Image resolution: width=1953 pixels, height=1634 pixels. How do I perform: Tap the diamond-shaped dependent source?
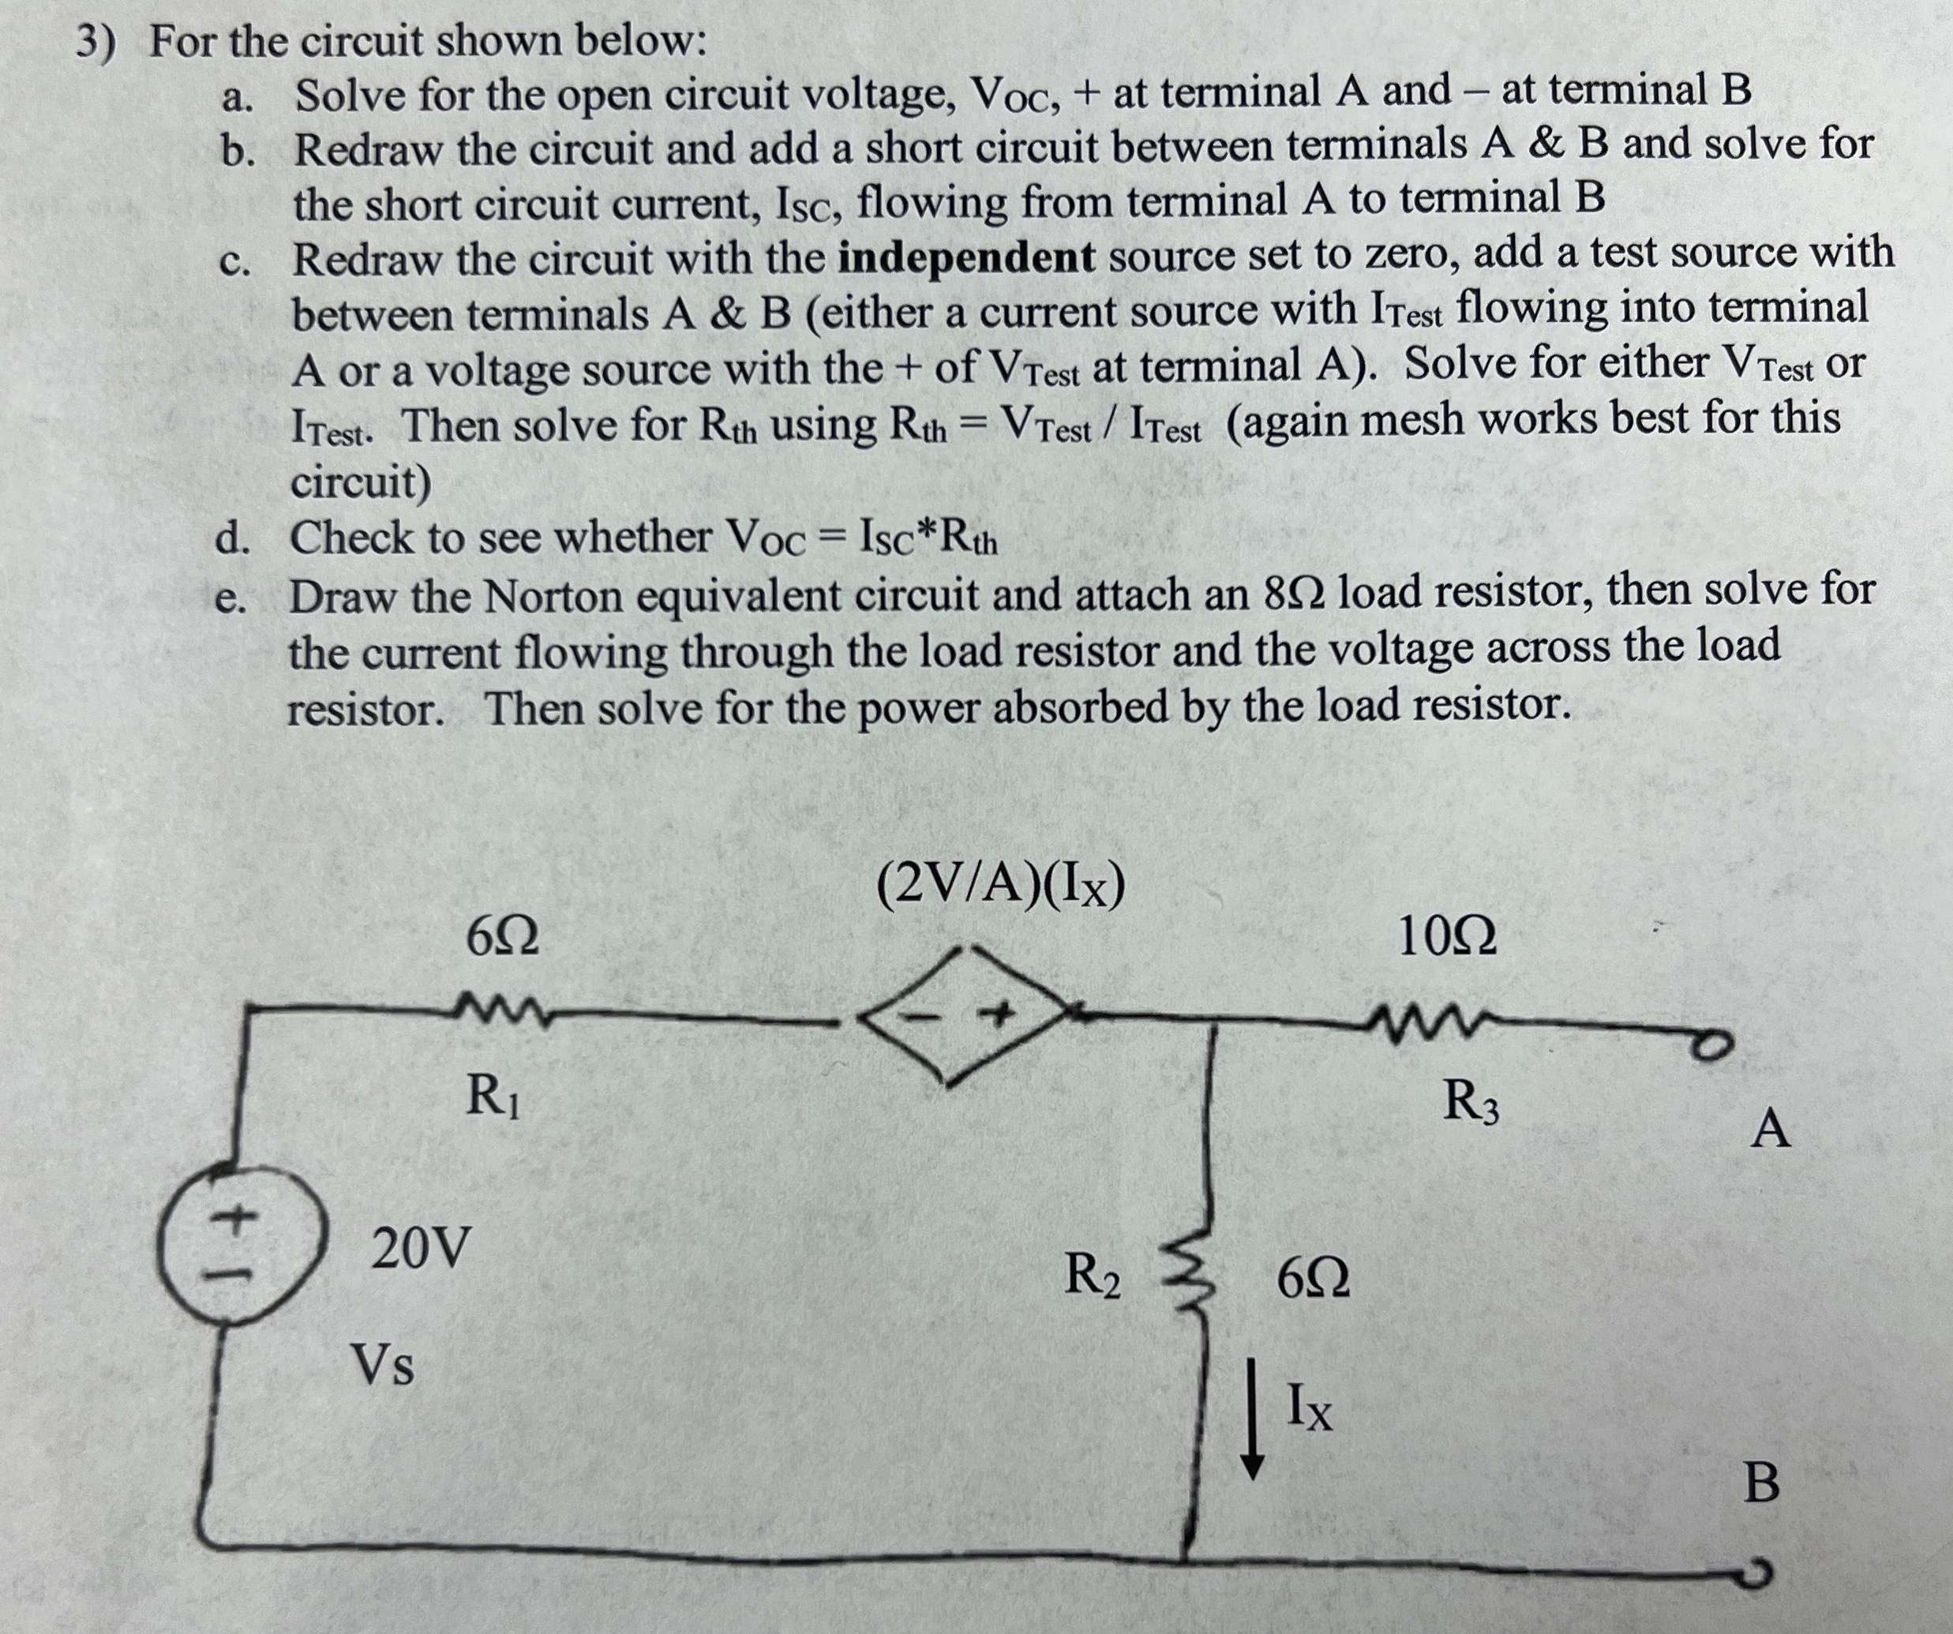tap(961, 1016)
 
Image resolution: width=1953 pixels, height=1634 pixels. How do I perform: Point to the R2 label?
tap(1092, 1275)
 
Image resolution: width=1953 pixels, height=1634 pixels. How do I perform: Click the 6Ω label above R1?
tap(502, 935)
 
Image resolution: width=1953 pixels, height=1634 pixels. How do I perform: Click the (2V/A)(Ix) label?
tap(1001, 886)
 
